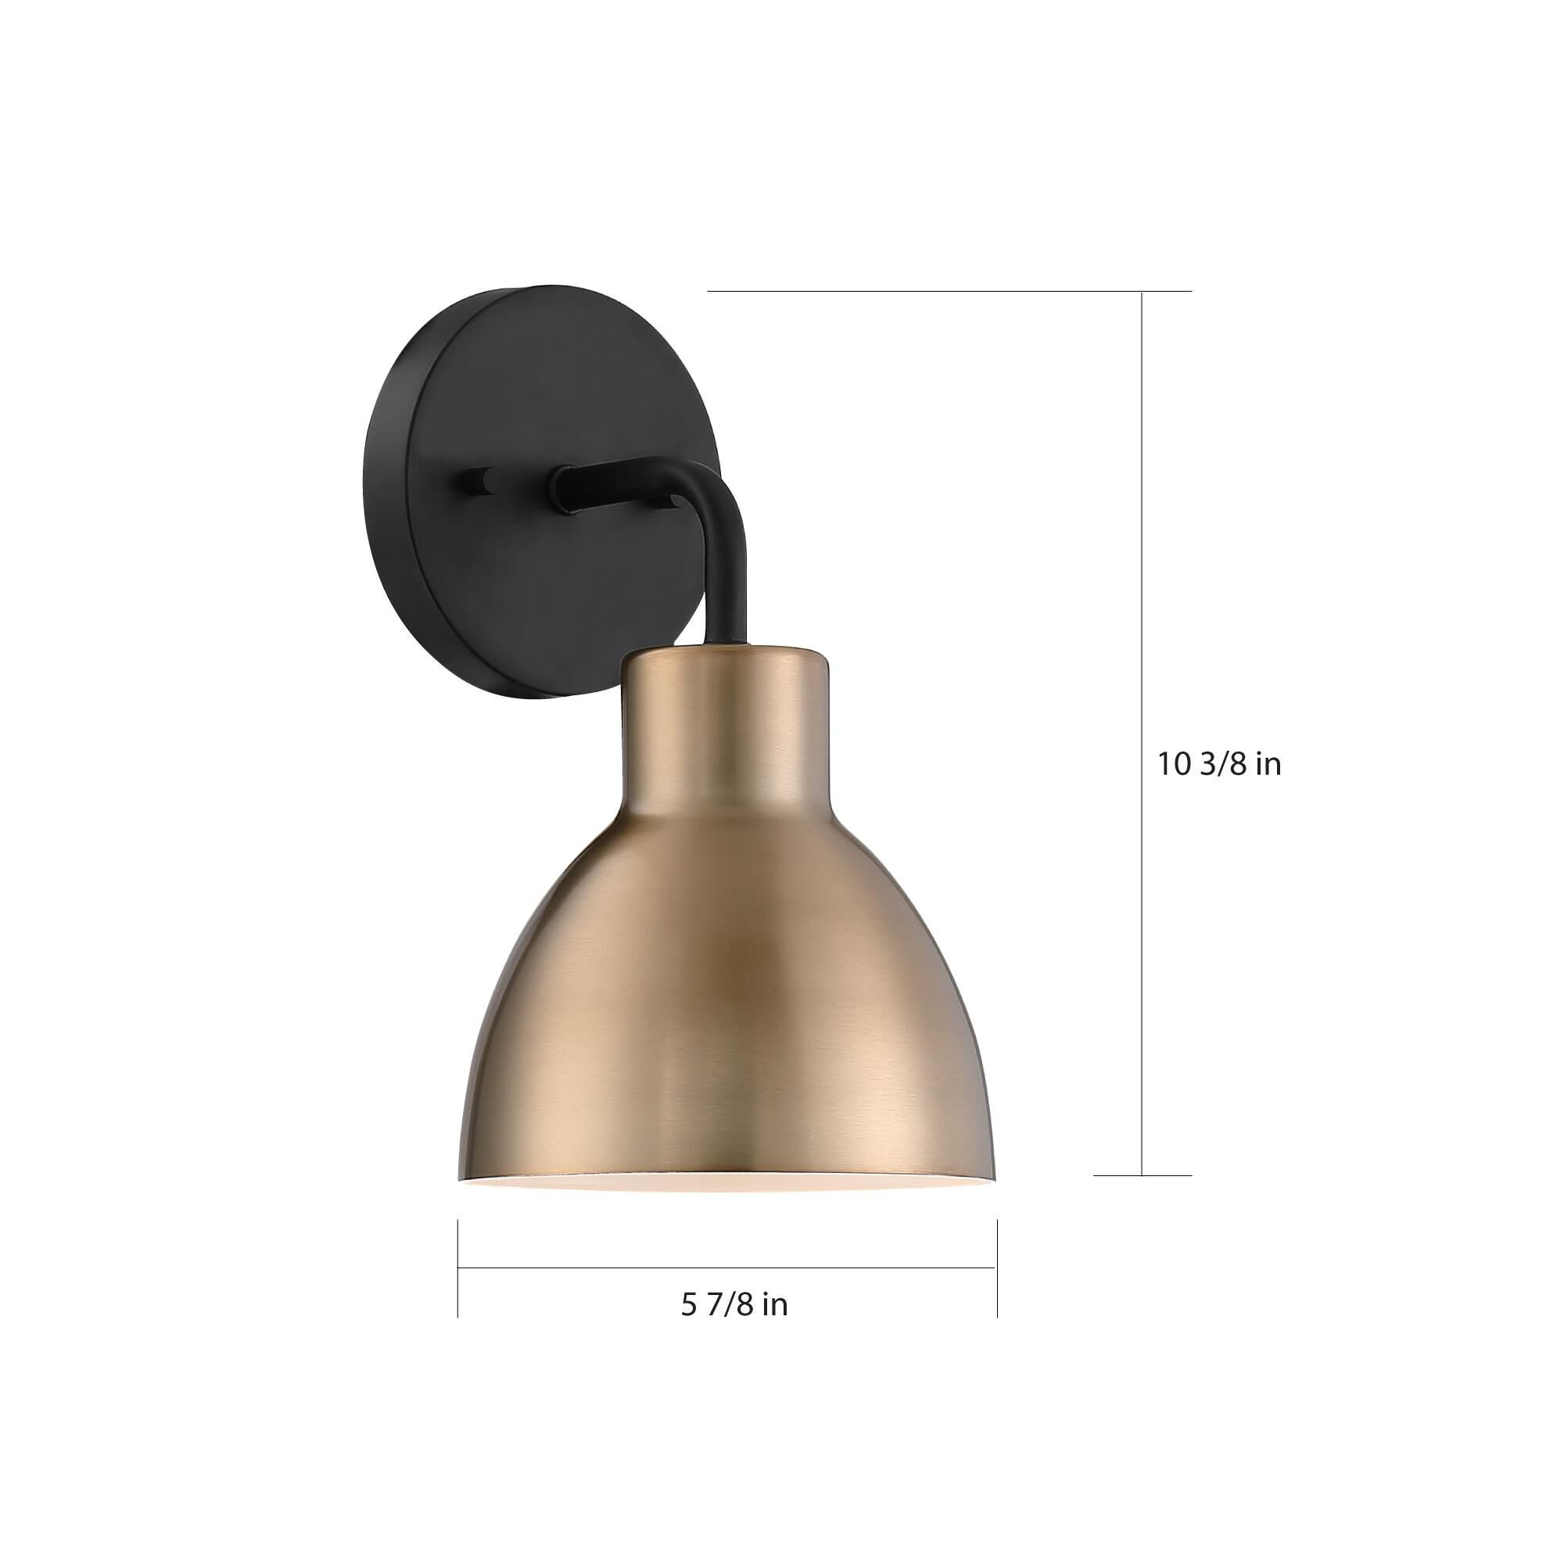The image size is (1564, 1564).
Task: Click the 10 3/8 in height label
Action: click(x=1219, y=764)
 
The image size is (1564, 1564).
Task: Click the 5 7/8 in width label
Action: click(x=734, y=1304)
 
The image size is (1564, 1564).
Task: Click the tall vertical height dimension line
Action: click(x=1143, y=729)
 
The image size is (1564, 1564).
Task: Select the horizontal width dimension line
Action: click(x=726, y=1268)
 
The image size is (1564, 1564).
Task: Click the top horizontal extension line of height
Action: click(x=947, y=291)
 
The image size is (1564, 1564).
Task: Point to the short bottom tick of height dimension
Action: click(x=1143, y=1175)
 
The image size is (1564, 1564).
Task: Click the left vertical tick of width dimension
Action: click(x=458, y=1268)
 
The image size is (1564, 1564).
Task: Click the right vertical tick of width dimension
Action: click(x=997, y=1268)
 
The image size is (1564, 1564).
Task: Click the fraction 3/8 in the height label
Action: click(x=1225, y=764)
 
